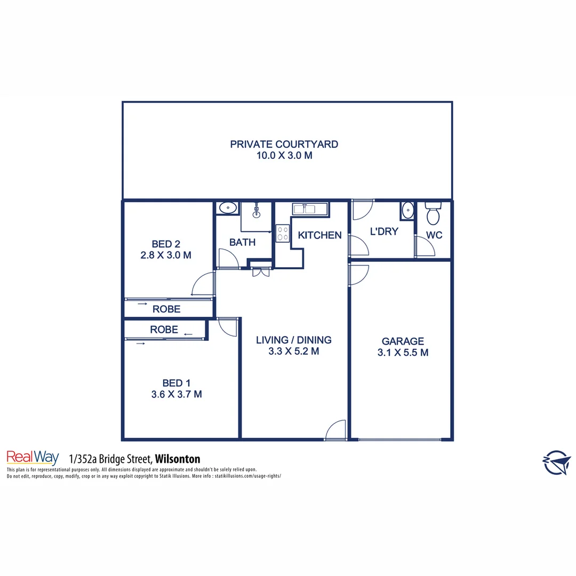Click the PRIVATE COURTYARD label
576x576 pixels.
[284, 144]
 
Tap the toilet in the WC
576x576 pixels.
[433, 214]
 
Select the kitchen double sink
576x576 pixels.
[303, 209]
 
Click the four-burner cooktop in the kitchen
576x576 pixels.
[283, 234]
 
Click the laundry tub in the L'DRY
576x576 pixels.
[407, 211]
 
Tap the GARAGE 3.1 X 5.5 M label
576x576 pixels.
[403, 347]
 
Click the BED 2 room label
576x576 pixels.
[165, 244]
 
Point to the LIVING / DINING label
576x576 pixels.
[293, 340]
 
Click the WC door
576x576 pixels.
[425, 247]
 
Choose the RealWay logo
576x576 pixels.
[32, 458]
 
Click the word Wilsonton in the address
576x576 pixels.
[177, 459]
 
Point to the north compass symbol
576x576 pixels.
[556, 461]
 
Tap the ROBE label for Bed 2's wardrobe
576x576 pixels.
[166, 309]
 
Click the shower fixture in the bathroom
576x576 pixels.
[257, 211]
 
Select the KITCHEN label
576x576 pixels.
[319, 235]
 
